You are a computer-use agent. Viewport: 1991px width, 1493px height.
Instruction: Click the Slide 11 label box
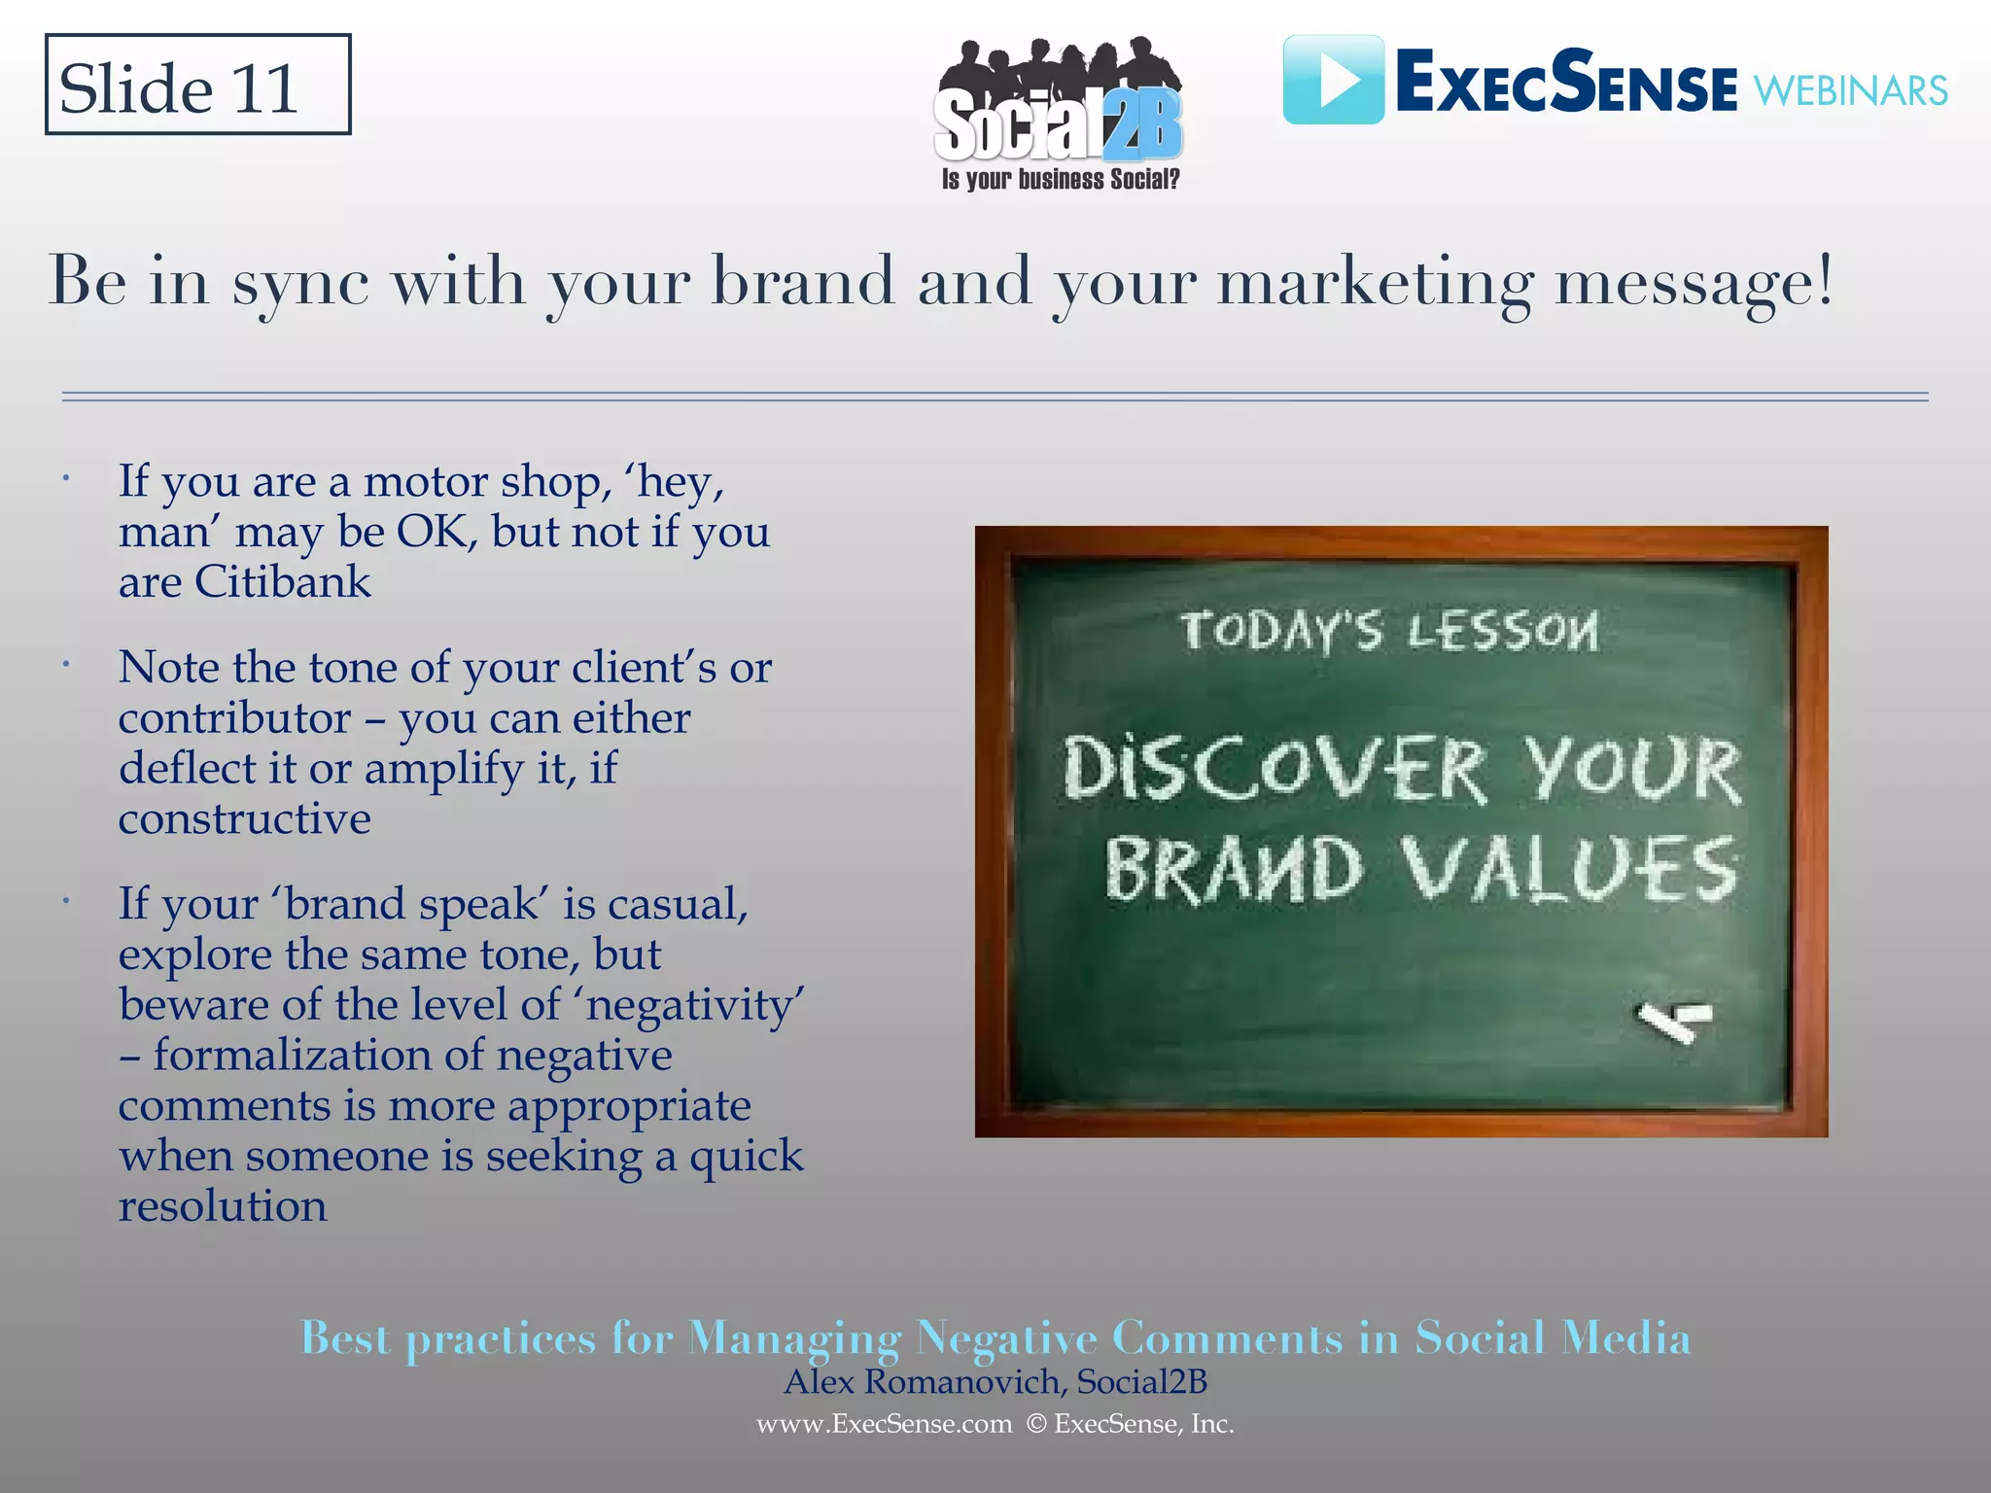point(197,86)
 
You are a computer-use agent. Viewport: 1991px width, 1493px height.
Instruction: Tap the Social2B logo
point(1058,107)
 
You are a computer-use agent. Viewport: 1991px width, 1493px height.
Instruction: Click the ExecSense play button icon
point(1333,80)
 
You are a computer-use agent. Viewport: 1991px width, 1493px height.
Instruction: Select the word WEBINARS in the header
point(1850,91)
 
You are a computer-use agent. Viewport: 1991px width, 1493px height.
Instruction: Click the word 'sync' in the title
point(300,283)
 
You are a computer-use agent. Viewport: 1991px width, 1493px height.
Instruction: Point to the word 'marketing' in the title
point(1375,283)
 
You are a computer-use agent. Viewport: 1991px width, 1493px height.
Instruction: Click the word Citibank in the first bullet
point(282,582)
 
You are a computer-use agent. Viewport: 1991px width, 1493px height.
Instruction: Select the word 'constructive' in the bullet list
point(245,819)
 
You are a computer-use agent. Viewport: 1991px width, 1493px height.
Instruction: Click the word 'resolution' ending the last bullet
point(223,1206)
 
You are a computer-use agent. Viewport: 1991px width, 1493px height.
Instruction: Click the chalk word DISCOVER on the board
point(1275,769)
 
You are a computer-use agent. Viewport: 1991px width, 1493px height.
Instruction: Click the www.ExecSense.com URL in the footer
point(884,1424)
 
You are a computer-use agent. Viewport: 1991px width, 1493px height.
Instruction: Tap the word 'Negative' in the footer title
point(1006,1338)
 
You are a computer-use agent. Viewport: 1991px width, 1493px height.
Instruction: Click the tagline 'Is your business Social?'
point(1060,180)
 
